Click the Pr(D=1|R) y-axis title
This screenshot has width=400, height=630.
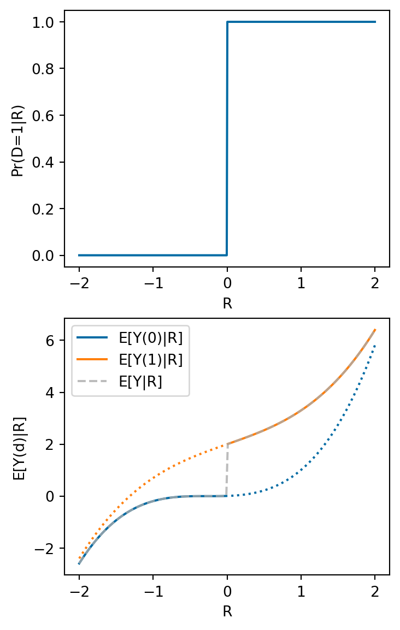(19, 139)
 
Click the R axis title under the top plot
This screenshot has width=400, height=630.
(227, 304)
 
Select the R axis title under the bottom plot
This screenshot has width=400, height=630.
(227, 611)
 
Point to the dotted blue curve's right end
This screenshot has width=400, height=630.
(375, 345)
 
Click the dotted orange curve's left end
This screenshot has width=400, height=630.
(80, 558)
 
